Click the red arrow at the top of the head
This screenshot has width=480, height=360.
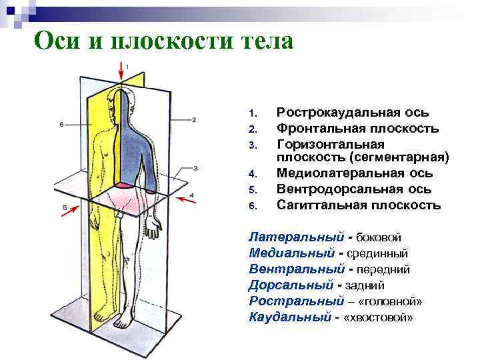pyautogui.click(x=122, y=69)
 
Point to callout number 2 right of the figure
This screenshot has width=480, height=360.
pyautogui.click(x=194, y=120)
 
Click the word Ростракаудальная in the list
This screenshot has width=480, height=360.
pyautogui.click(x=334, y=113)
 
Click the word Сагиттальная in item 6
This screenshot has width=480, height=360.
pyautogui.click(x=319, y=204)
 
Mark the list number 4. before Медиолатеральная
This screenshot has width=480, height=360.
pyautogui.click(x=252, y=174)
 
